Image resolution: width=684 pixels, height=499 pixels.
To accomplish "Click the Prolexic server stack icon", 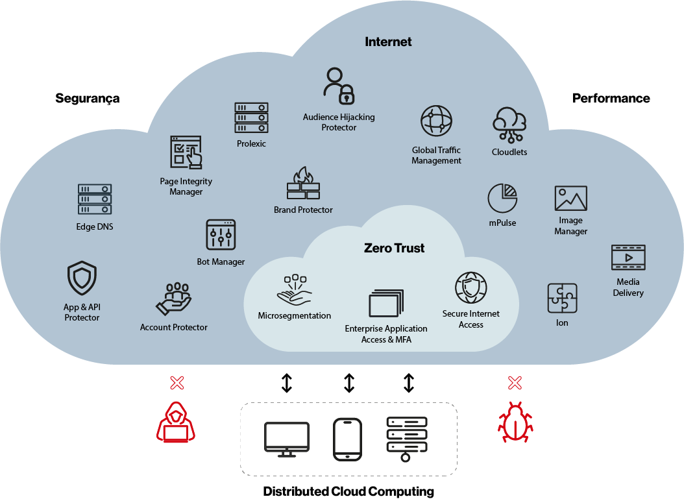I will click(251, 118).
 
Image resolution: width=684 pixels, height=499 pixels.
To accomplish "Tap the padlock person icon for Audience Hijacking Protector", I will click(339, 86).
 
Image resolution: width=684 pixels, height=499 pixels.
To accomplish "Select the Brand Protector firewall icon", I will click(303, 184).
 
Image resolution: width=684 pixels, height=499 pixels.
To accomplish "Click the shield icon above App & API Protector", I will click(82, 278).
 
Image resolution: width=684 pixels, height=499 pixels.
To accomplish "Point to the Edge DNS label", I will click(95, 227).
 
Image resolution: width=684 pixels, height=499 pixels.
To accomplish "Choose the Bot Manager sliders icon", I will click(221, 235).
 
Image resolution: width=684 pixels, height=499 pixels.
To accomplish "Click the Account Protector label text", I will click(174, 328).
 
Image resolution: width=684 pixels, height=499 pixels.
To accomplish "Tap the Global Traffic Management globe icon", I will click(436, 121).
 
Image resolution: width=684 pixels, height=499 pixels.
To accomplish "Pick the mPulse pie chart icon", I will click(502, 198).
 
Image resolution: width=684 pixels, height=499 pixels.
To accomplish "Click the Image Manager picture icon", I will click(571, 199).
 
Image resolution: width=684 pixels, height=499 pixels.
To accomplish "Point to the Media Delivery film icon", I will click(628, 258).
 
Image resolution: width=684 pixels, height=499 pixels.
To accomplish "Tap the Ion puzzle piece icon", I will click(562, 298).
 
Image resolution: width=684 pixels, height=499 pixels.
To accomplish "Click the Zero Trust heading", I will click(395, 248).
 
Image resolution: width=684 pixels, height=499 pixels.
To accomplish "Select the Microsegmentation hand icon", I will click(294, 291).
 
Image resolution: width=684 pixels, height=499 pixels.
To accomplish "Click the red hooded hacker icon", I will click(176, 422).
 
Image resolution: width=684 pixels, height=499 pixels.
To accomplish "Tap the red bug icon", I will click(515, 422).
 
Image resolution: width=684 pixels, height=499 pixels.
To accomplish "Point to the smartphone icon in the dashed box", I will click(347, 439).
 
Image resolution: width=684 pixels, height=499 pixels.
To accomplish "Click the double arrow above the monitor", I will click(287, 383).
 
